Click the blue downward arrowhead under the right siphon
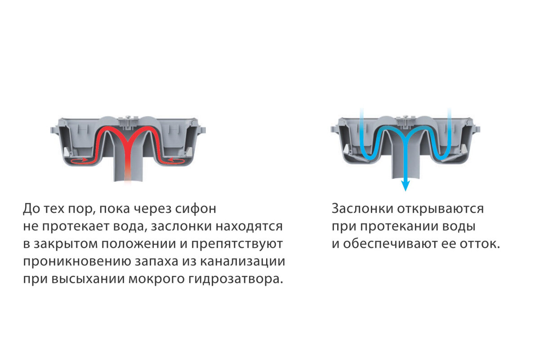click(x=405, y=185)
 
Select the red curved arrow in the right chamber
click(x=176, y=160)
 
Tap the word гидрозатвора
click(x=234, y=279)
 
